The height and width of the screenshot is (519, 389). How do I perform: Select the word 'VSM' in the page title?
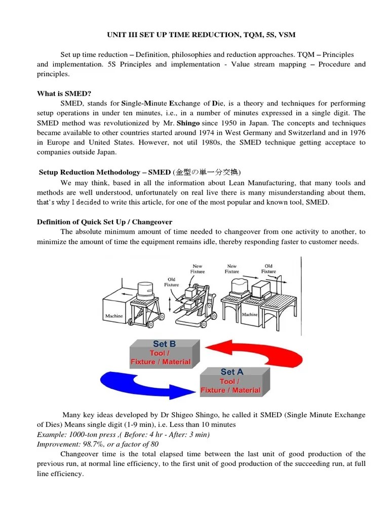point(285,34)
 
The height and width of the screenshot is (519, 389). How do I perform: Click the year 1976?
point(356,133)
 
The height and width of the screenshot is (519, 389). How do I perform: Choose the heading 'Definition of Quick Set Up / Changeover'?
point(104,222)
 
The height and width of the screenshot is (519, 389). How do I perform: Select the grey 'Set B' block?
point(161,353)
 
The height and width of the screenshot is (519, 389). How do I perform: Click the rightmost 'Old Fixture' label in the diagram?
point(268,268)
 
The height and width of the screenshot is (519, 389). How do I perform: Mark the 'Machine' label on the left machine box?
point(114,316)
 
